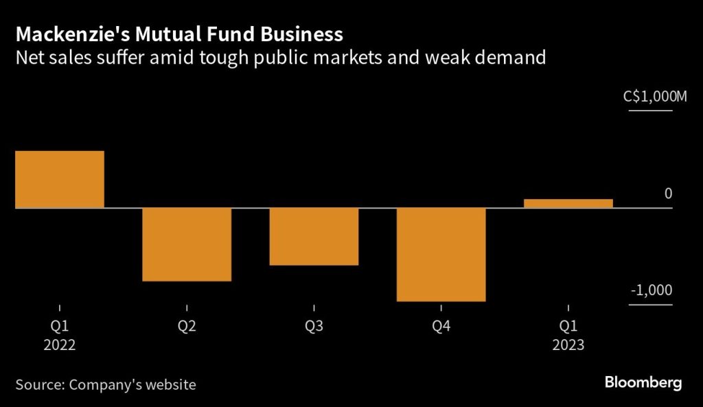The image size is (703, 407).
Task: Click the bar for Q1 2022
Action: [60, 179]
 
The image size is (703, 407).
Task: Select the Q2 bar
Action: [187, 244]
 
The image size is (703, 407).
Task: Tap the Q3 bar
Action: [314, 236]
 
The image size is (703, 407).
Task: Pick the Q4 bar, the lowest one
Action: [441, 254]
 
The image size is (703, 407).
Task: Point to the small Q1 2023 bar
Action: [568, 203]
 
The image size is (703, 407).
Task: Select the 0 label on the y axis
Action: [668, 195]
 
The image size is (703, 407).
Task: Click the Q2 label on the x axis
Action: [187, 327]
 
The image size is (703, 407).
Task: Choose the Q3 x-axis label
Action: [314, 327]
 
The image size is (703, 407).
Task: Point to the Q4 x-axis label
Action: [441, 327]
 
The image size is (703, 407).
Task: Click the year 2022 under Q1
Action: [60, 345]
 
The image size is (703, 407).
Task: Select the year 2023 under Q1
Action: [568, 345]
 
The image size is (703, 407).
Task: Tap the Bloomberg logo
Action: [643, 383]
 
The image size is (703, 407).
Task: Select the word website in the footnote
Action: [170, 384]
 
